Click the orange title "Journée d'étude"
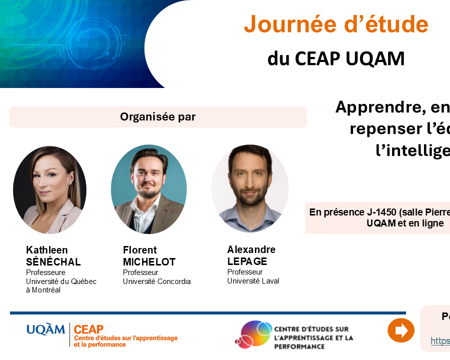[336, 24]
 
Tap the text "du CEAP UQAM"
[336, 58]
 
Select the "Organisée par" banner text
[157, 117]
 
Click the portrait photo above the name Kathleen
[49, 190]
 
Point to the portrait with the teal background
[149, 189]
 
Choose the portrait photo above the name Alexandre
[250, 188]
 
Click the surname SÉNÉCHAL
[53, 262]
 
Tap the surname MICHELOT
[149, 262]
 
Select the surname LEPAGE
[247, 261]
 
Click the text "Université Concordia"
[157, 281]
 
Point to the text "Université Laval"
[253, 281]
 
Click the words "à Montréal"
[43, 290]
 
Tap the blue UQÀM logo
[45, 329]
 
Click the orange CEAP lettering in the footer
[88, 329]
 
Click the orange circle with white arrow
[401, 330]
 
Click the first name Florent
[140, 250]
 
